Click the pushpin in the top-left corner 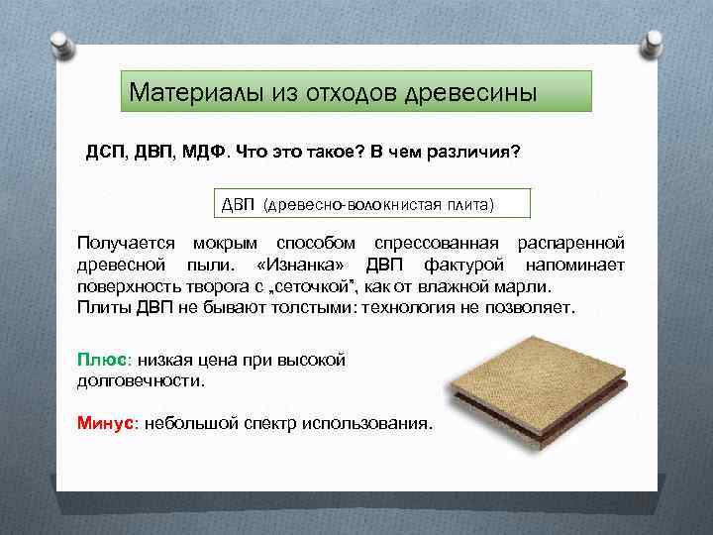click(57, 41)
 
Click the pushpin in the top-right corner click(654, 41)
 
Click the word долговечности click(141, 380)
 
